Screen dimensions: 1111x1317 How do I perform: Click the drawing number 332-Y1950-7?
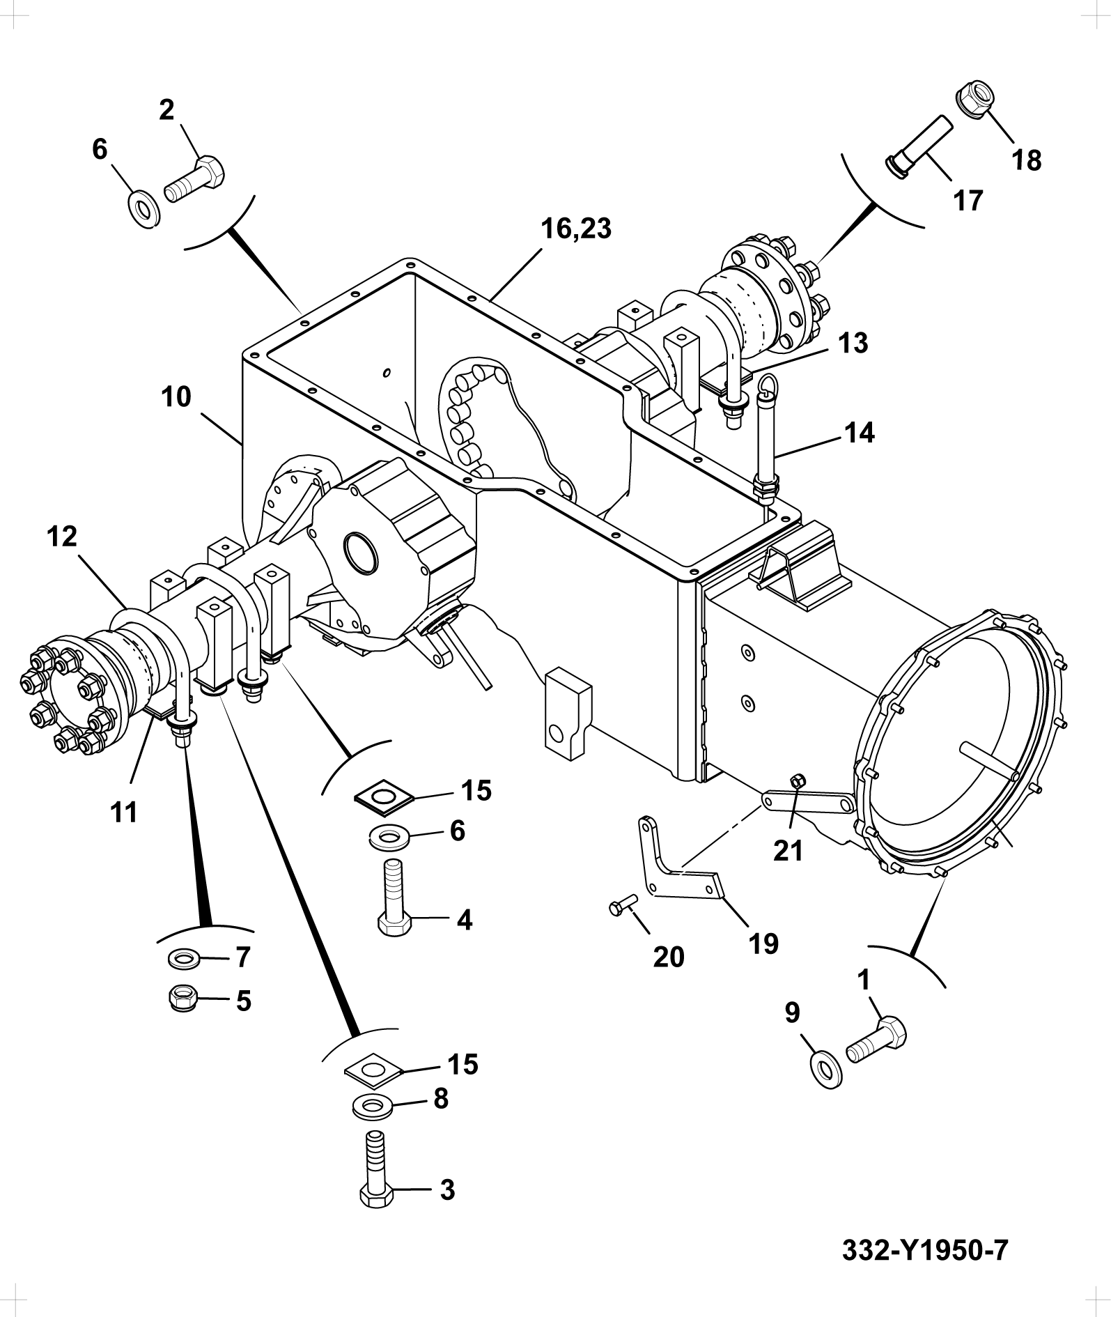point(925,1249)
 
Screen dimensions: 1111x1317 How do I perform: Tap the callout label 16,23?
point(576,229)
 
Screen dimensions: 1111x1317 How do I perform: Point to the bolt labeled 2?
point(194,179)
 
